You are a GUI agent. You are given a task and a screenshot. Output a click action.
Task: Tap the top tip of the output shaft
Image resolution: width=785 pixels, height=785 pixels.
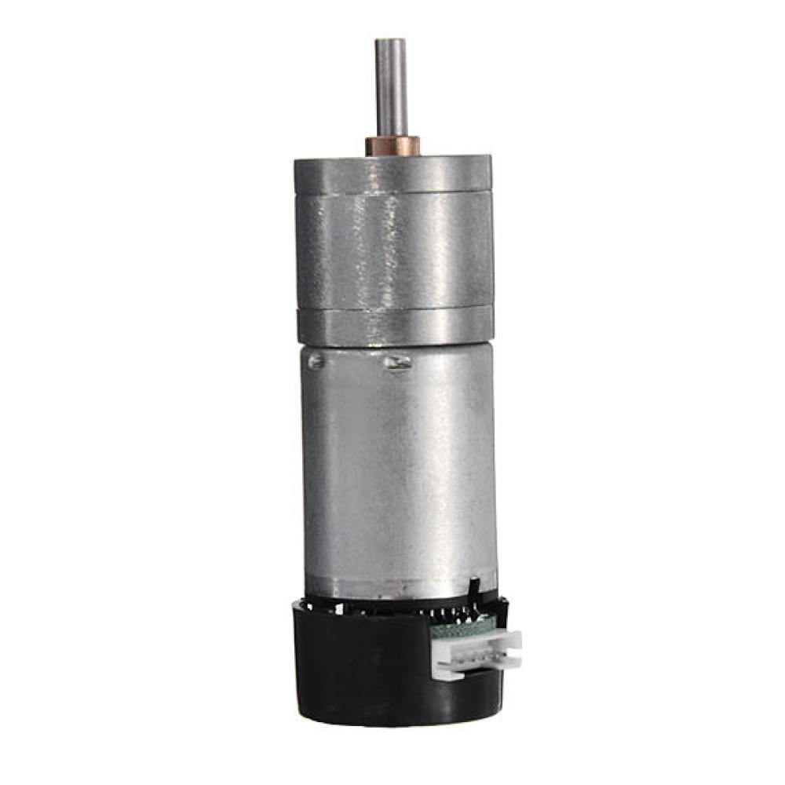pos(391,41)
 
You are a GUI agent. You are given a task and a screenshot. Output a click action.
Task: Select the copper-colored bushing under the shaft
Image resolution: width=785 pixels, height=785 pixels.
pos(392,146)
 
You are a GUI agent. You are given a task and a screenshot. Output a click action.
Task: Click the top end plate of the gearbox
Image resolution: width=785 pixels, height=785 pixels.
pos(392,173)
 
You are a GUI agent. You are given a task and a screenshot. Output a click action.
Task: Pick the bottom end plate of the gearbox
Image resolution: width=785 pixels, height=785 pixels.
pos(395,326)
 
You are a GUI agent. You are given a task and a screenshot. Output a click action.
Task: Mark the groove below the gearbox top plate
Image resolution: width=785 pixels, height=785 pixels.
pos(393,191)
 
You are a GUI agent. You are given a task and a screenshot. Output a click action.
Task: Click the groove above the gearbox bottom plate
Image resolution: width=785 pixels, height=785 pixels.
pos(394,308)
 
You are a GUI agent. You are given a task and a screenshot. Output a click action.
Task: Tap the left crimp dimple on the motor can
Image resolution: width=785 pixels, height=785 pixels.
pos(316,362)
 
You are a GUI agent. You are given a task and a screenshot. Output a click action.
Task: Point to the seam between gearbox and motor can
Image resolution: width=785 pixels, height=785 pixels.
pos(396,346)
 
